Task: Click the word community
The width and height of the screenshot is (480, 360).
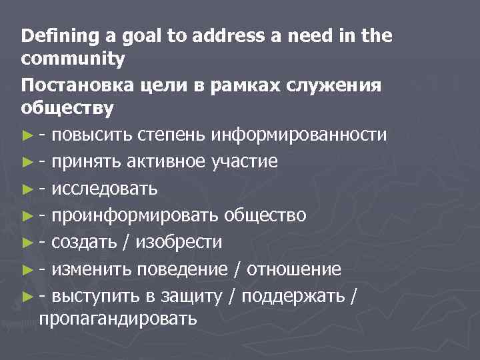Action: tap(73, 59)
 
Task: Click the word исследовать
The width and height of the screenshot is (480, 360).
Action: tap(105, 189)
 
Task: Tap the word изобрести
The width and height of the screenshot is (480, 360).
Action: tap(178, 242)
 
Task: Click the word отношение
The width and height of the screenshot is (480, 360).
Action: tap(295, 269)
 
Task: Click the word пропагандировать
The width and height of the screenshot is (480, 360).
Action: tap(118, 318)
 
